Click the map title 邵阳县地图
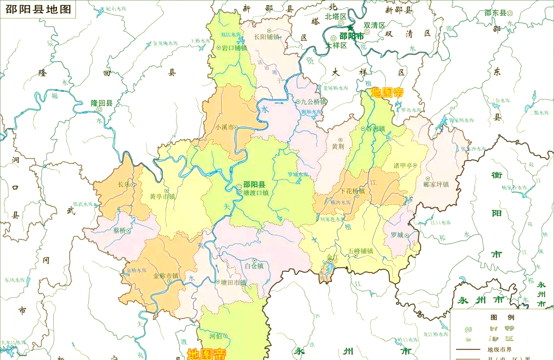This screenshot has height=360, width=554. click(x=38, y=9)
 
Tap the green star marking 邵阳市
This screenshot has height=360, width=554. click(x=350, y=28)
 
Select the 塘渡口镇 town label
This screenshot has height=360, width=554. click(x=255, y=193)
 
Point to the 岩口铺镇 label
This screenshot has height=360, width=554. click(x=234, y=48)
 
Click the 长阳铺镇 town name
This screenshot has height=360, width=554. click(x=267, y=36)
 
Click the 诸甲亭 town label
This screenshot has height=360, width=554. click(x=403, y=165)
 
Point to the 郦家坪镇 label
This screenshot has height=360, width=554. click(x=436, y=184)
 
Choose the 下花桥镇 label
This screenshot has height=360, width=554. click(x=352, y=191)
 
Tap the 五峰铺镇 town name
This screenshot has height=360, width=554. click(x=360, y=251)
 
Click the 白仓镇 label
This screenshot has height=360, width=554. click(x=254, y=266)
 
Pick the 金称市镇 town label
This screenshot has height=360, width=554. click(x=166, y=276)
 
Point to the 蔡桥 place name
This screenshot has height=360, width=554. click(x=119, y=230)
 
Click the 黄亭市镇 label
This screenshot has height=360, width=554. click(x=162, y=196)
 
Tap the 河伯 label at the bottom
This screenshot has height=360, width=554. click(x=215, y=336)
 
